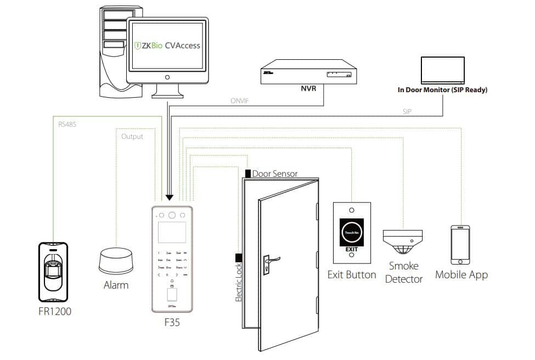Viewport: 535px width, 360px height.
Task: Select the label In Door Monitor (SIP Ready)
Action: coord(442,89)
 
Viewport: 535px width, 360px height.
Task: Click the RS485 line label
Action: coord(67,124)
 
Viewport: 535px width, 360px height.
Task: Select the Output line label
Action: coord(132,137)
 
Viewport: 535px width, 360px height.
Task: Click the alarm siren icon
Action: coord(116,261)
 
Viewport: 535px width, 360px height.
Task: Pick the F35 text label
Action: coord(172,323)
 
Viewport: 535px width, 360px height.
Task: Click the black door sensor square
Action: coord(248,173)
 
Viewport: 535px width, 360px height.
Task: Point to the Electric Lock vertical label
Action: coord(239,282)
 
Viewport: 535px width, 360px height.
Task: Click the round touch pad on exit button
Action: coord(351,233)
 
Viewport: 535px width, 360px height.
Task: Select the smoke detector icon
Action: coord(403,242)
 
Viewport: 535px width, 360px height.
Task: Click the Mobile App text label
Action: coord(461,274)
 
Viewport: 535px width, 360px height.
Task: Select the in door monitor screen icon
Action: coord(442,69)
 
